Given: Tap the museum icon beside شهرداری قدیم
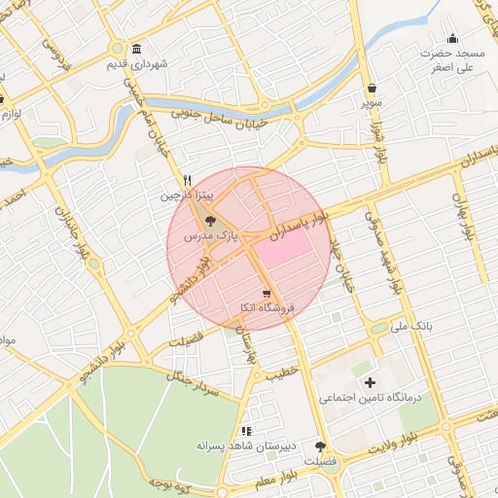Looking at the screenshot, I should click(x=135, y=50).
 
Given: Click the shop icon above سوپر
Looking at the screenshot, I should click(x=373, y=88).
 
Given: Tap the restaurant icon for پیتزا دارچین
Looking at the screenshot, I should click(x=187, y=180).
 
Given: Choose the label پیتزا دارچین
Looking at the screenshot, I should click(x=185, y=196).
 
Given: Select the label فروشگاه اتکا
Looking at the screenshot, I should click(x=266, y=307).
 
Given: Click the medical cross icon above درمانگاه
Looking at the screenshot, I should click(x=369, y=383).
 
